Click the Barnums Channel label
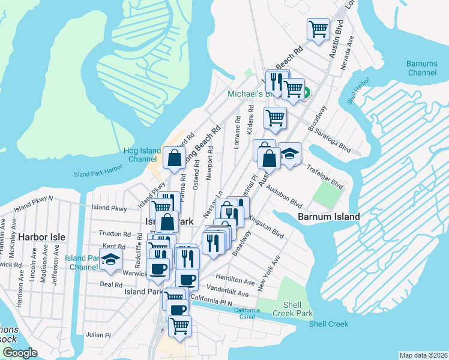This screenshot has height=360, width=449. click(422, 68)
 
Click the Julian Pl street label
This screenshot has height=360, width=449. click(98, 335)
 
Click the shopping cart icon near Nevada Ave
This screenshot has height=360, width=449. click(318, 29)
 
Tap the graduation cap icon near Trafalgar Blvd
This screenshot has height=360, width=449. click(289, 154)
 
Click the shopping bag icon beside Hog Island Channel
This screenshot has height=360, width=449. click(174, 158)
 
